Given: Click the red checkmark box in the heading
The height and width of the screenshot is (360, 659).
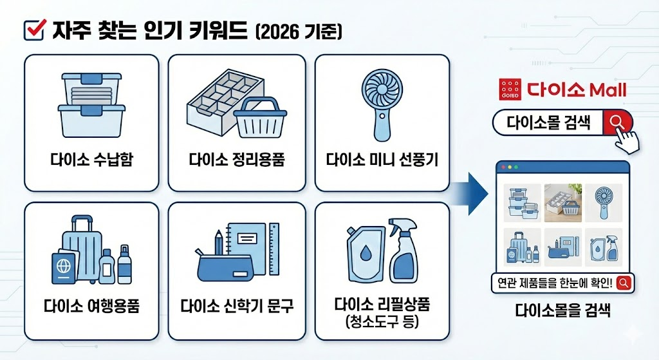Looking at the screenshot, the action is coord(33,30).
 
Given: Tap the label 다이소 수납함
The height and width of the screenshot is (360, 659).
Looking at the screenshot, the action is coord(91,160).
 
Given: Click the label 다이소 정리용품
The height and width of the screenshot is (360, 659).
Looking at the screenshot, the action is coord(237,160).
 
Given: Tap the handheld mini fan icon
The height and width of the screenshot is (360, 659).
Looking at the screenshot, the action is coord(382,103).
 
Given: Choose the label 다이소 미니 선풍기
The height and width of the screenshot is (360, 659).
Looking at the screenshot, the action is coord(382,160).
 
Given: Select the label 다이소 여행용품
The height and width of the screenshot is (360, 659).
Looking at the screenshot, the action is coord(91,305).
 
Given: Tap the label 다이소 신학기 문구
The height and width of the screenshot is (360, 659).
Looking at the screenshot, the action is coord(237,305).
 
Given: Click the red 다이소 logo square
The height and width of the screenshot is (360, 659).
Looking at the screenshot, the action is coord(510,90).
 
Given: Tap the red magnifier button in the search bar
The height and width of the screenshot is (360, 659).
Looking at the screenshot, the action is coord(616,121).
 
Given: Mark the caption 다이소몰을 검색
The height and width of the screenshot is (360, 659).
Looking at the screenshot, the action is coord(562,311).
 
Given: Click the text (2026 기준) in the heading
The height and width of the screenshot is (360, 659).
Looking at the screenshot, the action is coord(299,31).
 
